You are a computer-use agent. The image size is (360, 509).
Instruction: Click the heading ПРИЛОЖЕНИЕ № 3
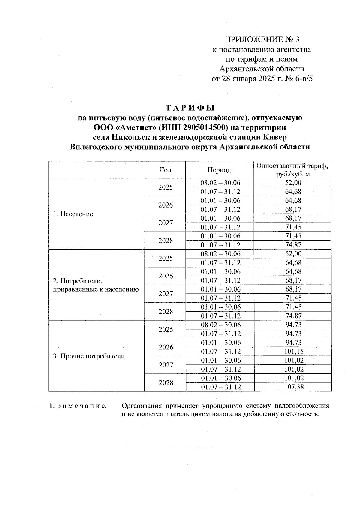tap(262, 40)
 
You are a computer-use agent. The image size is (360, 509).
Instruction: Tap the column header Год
tap(165, 170)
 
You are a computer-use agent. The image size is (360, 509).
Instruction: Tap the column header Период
tap(219, 170)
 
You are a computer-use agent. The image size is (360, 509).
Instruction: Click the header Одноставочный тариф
tap(292, 166)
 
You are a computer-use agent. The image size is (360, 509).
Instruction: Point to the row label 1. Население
tap(73, 214)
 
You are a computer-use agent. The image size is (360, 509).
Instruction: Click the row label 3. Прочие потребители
tap(88, 356)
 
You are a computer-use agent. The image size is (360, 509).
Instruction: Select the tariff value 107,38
tap(294, 387)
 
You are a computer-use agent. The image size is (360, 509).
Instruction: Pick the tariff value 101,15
tap(294, 352)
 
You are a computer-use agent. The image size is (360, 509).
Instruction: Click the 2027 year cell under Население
tap(166, 223)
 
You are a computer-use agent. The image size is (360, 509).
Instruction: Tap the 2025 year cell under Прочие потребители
tap(166, 329)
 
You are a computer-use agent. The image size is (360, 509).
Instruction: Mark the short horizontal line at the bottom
tap(189, 448)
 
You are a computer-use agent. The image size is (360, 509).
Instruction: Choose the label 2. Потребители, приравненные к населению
tap(95, 285)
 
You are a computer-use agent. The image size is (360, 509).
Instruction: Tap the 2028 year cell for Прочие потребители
tap(166, 383)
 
